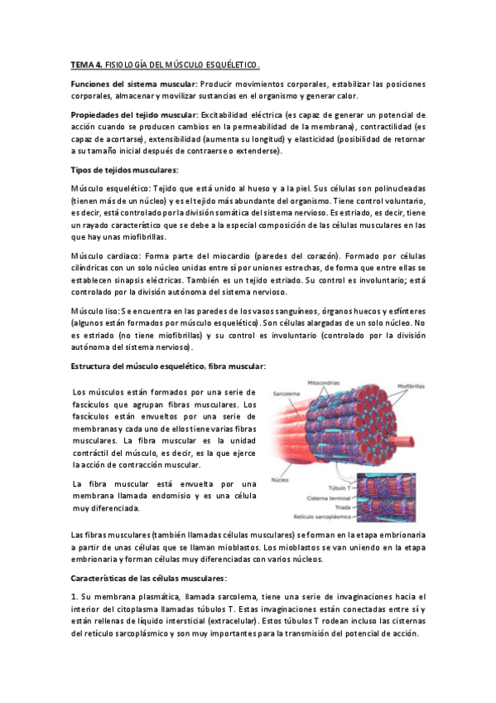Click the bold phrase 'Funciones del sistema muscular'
point(133,85)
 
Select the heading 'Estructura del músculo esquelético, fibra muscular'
point(168,366)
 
